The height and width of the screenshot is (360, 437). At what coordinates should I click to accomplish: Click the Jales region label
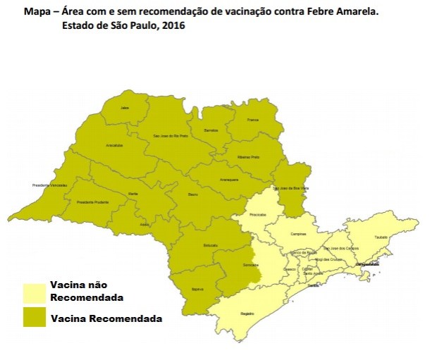pos(125,108)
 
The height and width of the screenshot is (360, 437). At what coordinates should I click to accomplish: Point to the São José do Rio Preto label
pos(171,135)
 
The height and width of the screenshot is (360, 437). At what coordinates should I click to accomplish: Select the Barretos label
pos(211,130)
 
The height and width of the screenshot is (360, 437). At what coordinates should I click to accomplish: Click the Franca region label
pos(253,120)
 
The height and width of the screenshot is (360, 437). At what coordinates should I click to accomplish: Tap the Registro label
pos(247,313)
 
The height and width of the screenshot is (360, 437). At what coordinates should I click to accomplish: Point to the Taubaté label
pos(381,237)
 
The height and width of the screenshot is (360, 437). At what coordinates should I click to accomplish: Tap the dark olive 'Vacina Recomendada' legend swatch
pos(35,317)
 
